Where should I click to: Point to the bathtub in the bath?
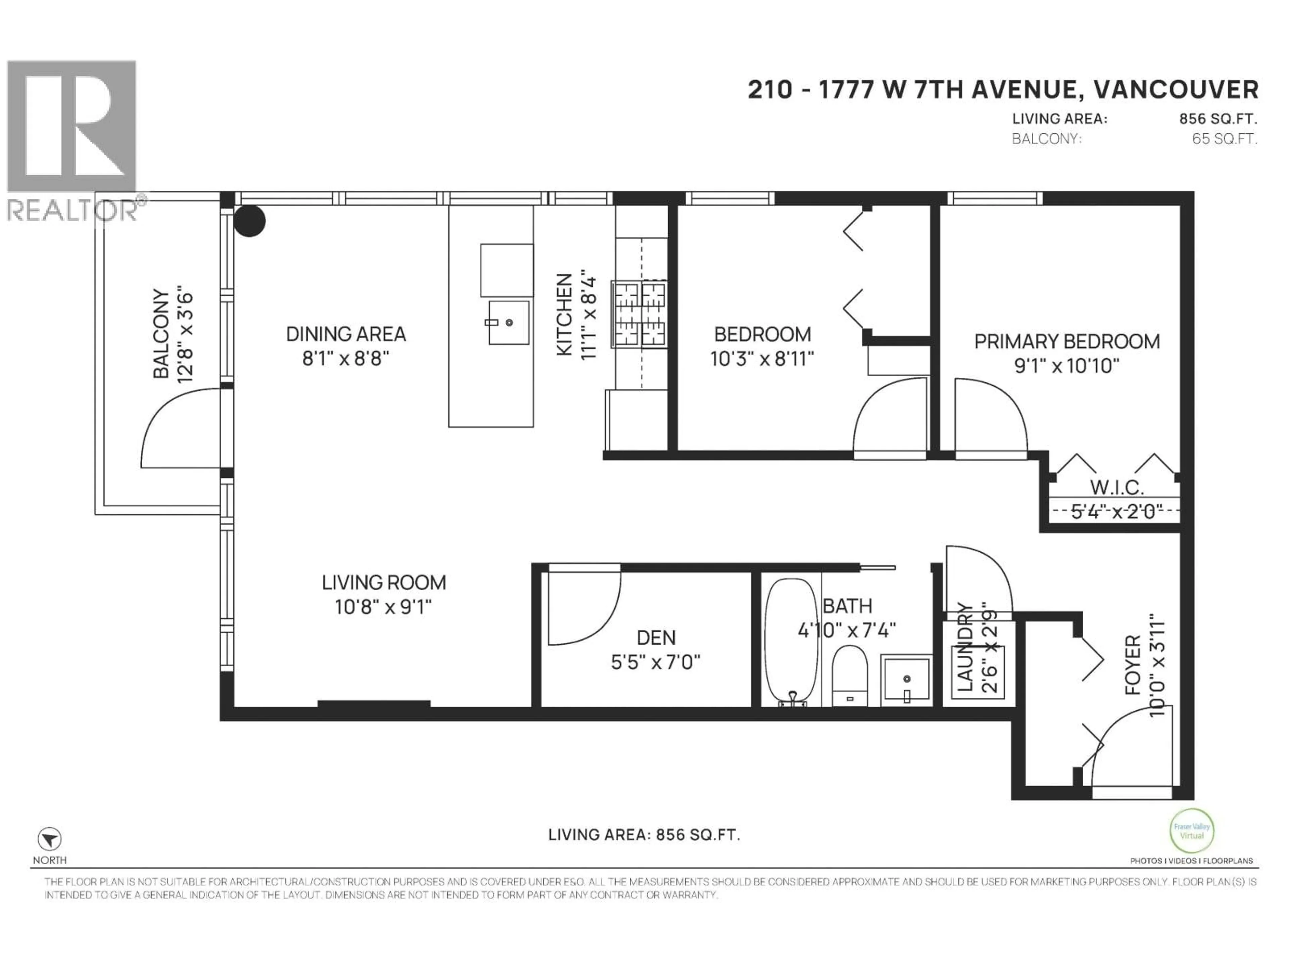[791, 641]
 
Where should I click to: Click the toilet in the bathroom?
[850, 676]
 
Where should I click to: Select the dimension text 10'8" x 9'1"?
[383, 607]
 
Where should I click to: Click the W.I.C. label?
[1116, 487]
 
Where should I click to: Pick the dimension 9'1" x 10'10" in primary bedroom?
[1066, 366]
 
